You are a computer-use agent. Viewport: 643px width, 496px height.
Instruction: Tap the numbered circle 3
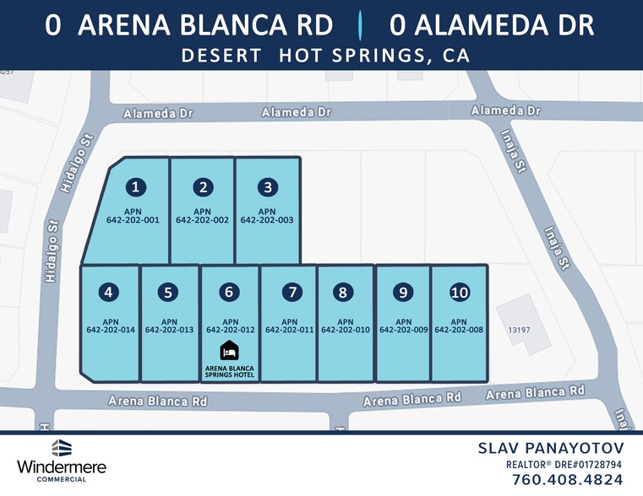click(267, 187)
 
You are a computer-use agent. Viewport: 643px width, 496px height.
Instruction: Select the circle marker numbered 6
click(229, 293)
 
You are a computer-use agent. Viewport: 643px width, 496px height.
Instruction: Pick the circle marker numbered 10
click(460, 293)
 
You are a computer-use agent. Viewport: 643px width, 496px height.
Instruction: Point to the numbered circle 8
click(342, 293)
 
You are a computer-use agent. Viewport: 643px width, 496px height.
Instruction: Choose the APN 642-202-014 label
click(110, 326)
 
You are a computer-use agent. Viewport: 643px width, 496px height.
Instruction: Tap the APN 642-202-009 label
click(403, 326)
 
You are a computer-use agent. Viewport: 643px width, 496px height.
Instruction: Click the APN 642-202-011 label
click(289, 326)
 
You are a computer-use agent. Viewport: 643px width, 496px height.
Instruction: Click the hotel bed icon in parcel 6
click(229, 350)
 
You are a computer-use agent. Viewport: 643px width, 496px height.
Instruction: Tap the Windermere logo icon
click(61, 448)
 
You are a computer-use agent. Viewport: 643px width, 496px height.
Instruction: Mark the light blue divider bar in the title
click(361, 25)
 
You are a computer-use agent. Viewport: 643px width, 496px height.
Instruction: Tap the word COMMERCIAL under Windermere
click(61, 479)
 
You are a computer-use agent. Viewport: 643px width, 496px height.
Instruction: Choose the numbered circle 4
click(108, 293)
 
